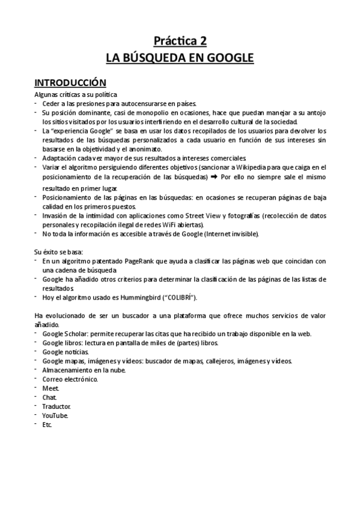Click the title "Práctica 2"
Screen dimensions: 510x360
(180, 41)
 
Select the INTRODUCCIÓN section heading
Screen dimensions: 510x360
(70, 82)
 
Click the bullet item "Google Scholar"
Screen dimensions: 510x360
(66, 334)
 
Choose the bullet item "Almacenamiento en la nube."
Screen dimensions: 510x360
(84, 370)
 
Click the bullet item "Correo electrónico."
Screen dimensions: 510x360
(70, 379)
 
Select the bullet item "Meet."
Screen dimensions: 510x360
(50, 389)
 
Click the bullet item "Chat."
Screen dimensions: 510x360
(50, 398)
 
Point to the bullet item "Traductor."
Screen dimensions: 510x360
(57, 407)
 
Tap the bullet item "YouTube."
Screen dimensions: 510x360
(55, 416)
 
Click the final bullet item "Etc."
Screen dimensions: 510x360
(48, 425)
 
